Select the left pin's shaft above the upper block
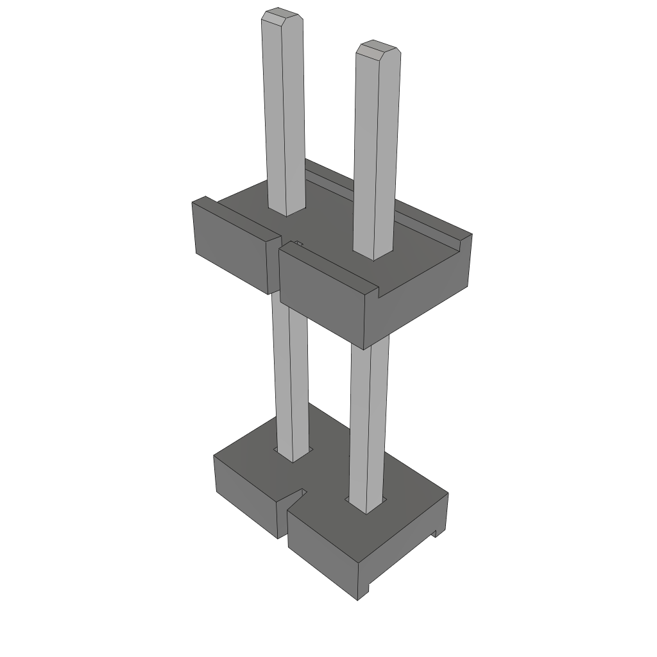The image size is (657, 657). [x=283, y=115]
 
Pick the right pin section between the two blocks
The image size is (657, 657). [x=369, y=417]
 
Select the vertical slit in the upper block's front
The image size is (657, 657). [x=279, y=269]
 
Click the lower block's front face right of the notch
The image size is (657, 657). [x=321, y=552]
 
